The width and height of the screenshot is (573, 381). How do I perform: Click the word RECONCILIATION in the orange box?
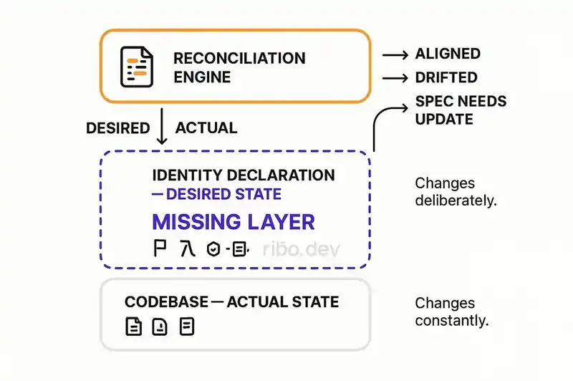pos(239,58)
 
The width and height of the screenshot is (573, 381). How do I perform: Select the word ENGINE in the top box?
pos(203,77)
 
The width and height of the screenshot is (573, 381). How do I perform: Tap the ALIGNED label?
pos(448,54)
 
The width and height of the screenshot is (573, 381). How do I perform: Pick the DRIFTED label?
pos(446,77)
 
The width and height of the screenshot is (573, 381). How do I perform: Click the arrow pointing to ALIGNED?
pos(394,54)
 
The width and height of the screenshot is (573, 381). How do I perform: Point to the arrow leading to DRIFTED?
pos(394,77)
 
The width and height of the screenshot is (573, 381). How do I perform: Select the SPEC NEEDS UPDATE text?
pos(461,109)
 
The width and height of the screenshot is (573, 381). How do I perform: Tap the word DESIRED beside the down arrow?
pos(117,128)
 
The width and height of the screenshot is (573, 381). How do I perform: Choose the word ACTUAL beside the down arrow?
pos(206,128)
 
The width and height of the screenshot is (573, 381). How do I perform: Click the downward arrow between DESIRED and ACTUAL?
pos(162,126)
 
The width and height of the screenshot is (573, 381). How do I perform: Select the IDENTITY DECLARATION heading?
pos(244,175)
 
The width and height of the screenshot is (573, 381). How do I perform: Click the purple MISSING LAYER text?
pos(233,221)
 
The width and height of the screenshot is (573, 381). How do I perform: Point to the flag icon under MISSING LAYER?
pos(160,249)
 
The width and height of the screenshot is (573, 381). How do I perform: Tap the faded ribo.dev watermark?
pos(300,249)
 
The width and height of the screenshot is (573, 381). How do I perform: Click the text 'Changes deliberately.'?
pos(455,192)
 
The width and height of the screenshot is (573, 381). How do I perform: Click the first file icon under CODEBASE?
pos(133,327)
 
